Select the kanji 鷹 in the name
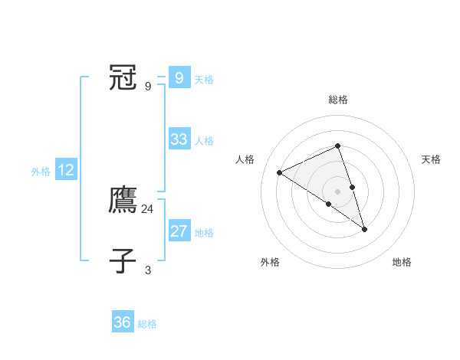123,200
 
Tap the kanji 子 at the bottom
123,260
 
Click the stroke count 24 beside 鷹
148,208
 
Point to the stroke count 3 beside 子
148,270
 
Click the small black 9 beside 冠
148,87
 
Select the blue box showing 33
179,139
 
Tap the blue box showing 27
179,231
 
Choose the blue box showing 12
66,170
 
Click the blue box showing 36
123,322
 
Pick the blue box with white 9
179,78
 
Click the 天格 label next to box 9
204,80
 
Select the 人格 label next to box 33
204,141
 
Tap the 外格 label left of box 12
41,172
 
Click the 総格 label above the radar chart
338,100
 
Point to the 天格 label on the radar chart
432,159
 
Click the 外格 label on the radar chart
270,262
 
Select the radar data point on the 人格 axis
280,172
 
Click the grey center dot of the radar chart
337,190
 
